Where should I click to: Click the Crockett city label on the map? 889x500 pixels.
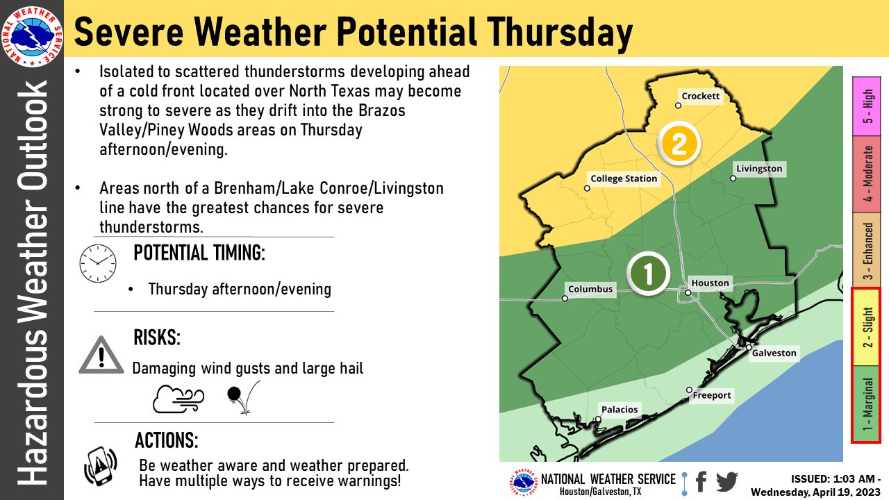tap(701, 97)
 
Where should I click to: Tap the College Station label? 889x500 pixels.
tap(624, 178)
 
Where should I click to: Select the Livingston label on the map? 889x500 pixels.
tap(759, 169)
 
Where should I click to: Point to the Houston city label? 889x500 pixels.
tap(710, 283)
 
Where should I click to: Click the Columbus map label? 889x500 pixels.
tap(590, 289)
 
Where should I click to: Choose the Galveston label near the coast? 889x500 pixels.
tap(774, 353)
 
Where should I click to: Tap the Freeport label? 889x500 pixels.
tap(712, 395)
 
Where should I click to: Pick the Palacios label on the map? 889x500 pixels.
tap(620, 410)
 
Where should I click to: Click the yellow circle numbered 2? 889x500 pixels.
tap(678, 144)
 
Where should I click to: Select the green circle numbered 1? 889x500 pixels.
tap(648, 274)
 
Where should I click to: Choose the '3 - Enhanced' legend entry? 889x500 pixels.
tap(866, 252)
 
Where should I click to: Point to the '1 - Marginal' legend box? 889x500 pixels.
tap(866, 403)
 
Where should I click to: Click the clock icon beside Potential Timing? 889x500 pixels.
tap(98, 263)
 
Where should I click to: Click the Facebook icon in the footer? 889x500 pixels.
tap(701, 481)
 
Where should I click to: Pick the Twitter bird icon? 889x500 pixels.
tap(726, 481)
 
